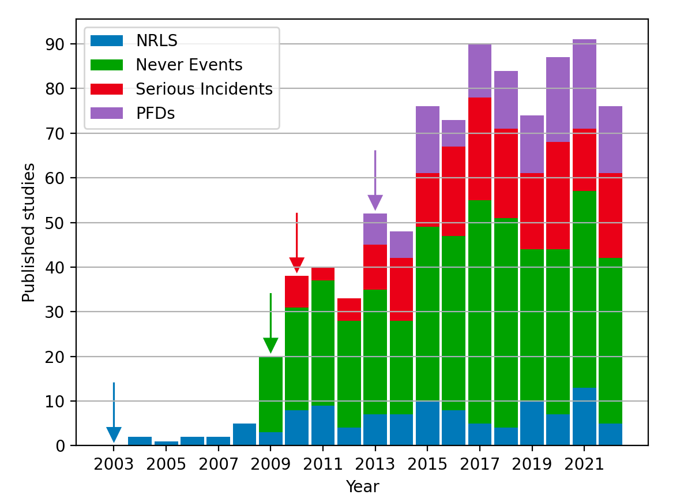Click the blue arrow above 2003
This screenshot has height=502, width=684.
pos(114,415)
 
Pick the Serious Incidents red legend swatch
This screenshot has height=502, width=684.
pos(107,89)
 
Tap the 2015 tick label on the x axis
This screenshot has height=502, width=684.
pos(427,465)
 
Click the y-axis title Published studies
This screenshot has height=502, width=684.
pos(28,233)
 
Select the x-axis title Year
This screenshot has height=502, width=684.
pos(362,487)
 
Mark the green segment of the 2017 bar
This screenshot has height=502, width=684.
pos(480,312)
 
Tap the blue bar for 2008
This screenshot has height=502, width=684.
pos(245,434)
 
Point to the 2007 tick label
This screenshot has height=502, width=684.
pos(218,465)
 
